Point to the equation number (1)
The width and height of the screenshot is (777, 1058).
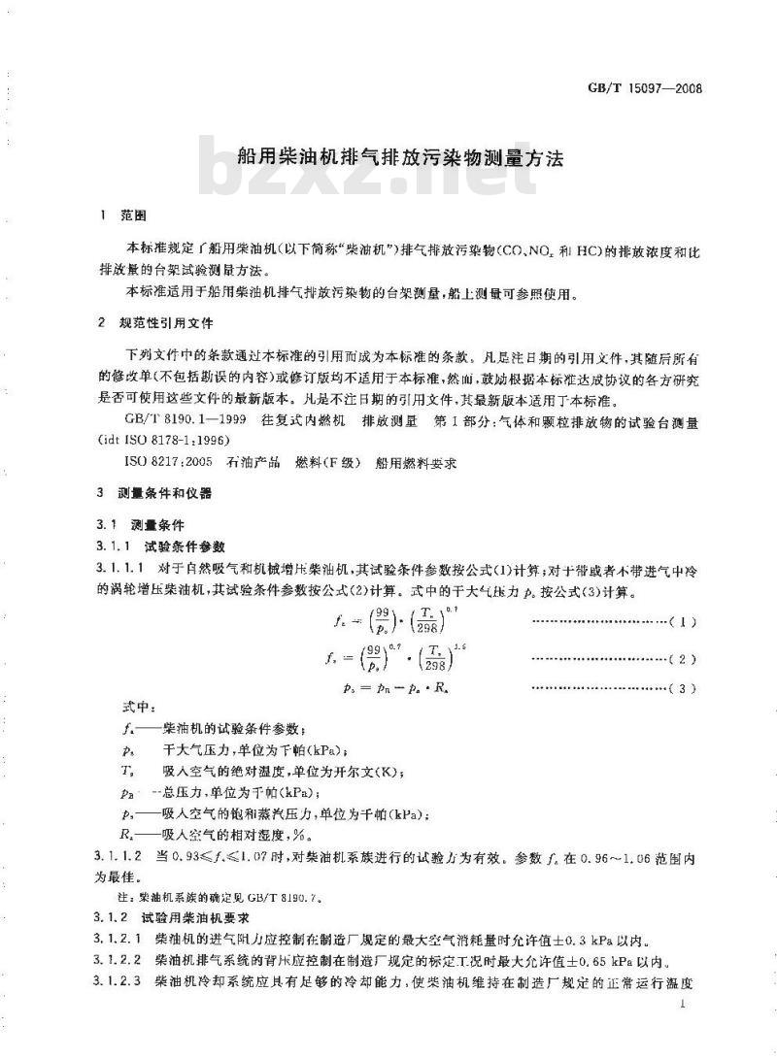tap(684, 620)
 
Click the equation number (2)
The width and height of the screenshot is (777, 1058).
tap(684, 660)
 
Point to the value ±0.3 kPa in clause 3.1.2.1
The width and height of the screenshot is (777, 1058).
tap(587, 940)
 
